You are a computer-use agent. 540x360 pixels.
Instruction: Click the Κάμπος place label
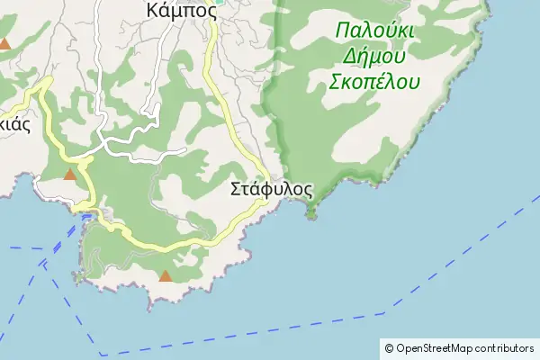[181, 10]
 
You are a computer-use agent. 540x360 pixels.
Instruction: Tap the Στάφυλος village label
[271, 190]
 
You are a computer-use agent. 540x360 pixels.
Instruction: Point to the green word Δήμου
[374, 56]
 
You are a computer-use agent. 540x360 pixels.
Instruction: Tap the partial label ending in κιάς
[13, 125]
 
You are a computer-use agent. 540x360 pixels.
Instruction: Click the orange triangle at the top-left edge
[6, 43]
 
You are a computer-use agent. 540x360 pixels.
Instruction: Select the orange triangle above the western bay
[70, 174]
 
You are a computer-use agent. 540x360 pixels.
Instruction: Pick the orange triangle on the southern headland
[165, 275]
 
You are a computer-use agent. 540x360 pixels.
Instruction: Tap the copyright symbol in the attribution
[390, 347]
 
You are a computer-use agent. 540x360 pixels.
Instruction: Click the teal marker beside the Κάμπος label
[219, 11]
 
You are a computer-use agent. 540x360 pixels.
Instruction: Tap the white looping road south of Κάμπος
[135, 139]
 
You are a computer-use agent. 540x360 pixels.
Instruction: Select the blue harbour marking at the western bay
[86, 216]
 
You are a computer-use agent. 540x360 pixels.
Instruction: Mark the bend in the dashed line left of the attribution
[385, 312]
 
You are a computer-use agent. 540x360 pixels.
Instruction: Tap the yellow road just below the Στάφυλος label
[261, 205]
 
